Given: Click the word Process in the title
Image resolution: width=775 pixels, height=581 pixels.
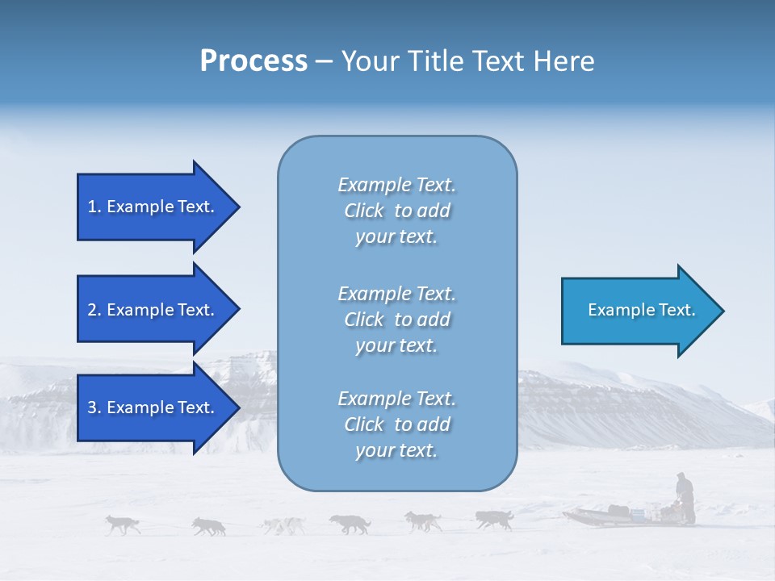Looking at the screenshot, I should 253,61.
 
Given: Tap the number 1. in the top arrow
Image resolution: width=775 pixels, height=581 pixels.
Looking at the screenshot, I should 94,207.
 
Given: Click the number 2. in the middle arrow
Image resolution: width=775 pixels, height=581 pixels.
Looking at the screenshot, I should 94,310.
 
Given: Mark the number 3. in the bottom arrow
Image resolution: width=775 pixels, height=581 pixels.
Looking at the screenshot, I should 94,408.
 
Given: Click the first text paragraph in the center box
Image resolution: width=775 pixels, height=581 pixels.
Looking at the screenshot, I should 396,211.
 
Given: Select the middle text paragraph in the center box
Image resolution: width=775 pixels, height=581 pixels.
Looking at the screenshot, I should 396,320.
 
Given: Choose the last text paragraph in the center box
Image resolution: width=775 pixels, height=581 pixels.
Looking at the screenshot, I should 396,424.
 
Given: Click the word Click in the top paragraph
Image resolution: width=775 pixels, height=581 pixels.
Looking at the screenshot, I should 364,211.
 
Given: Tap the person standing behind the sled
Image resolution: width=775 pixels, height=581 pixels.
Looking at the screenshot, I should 685,496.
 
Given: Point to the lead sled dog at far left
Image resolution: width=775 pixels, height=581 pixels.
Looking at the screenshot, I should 123,525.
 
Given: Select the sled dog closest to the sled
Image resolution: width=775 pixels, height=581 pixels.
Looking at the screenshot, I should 493,520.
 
